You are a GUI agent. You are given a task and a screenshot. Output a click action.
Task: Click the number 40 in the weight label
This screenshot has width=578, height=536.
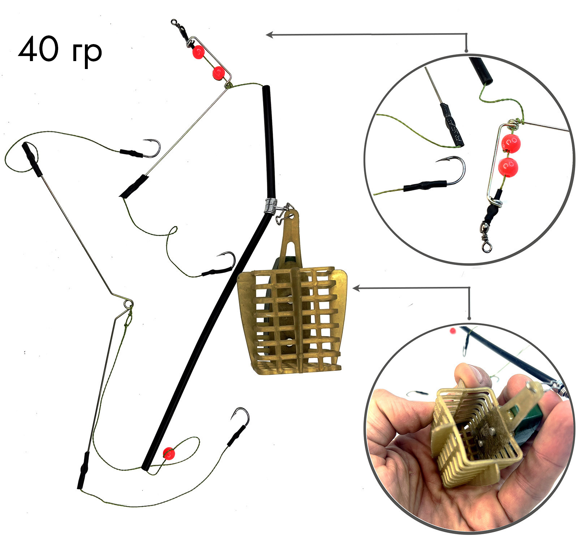[x=38, y=49]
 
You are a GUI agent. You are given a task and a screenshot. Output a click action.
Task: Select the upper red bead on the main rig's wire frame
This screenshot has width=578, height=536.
[x=198, y=52]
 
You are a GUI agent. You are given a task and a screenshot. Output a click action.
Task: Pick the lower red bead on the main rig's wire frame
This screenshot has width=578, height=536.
[x=218, y=73]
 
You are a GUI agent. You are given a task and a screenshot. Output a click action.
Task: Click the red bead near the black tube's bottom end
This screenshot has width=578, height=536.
[x=169, y=453]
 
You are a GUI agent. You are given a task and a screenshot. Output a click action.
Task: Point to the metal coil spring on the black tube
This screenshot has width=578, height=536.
[x=271, y=206]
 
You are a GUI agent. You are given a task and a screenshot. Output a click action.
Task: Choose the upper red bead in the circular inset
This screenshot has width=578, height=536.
[x=511, y=143]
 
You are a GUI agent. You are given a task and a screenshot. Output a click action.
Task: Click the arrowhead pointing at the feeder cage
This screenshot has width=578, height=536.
[x=356, y=288]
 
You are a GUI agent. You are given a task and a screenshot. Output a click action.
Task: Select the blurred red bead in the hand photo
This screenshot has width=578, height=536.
[x=453, y=331]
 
